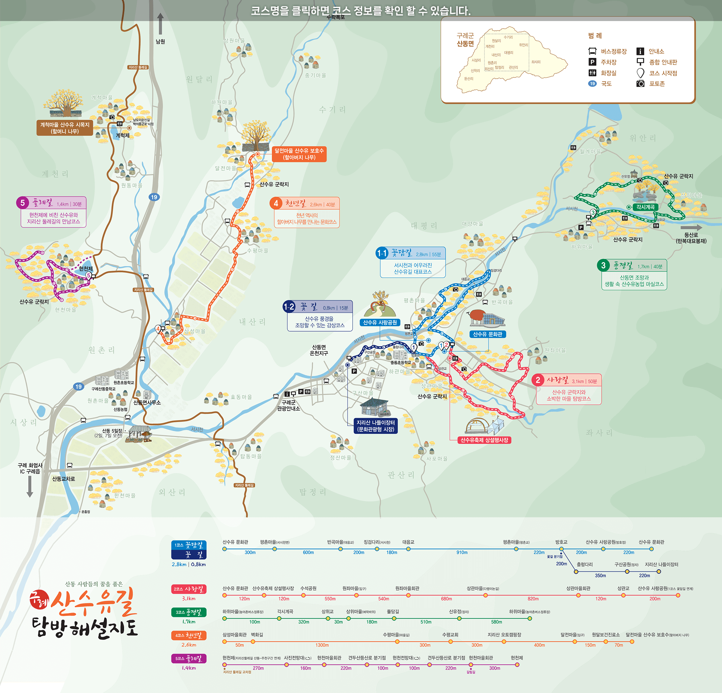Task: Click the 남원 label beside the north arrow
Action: click(161, 42)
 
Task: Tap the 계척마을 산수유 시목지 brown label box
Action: click(65, 128)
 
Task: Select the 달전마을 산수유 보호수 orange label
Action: click(299, 154)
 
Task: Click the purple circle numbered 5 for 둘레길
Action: click(23, 203)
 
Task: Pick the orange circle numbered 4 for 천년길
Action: click(276, 203)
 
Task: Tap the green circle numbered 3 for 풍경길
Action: click(603, 265)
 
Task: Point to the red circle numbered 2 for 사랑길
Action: click(538, 380)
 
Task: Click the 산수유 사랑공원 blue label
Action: click(380, 323)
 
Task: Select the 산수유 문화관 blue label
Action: click(487, 334)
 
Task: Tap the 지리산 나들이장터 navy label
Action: click(376, 426)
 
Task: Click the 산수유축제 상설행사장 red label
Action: click(484, 440)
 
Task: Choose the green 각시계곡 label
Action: click(645, 207)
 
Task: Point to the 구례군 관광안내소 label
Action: click(288, 405)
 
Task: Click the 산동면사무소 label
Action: click(147, 403)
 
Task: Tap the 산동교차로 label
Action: click(64, 479)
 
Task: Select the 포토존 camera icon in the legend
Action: click(640, 83)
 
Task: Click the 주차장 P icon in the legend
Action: click(592, 62)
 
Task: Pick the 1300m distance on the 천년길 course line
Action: click(322, 645)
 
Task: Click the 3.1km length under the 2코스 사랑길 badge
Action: click(189, 599)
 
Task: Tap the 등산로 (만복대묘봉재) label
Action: click(691, 238)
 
